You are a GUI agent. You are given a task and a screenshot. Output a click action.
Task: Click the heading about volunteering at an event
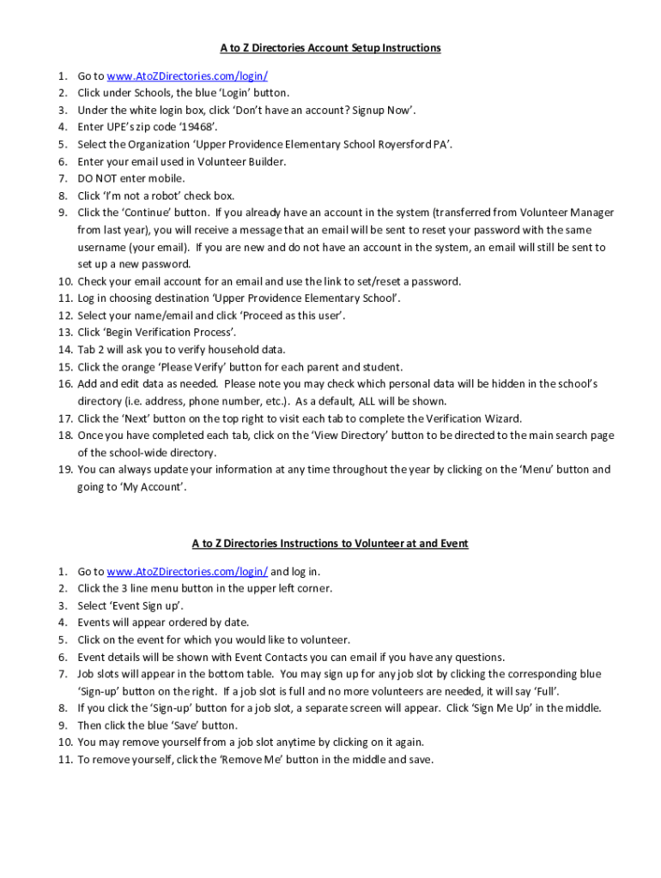pyautogui.click(x=330, y=544)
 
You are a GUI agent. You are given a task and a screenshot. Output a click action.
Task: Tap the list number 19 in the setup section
pyautogui.click(x=65, y=470)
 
